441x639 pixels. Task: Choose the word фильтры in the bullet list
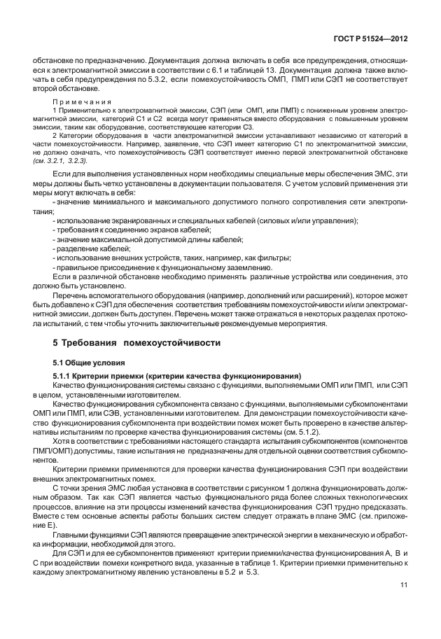click(x=255, y=258)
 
